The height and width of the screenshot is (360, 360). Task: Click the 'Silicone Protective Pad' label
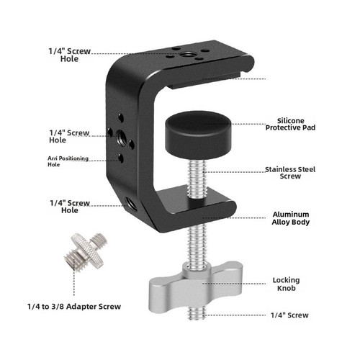pos(290,124)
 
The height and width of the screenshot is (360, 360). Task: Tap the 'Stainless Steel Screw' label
pos(290,173)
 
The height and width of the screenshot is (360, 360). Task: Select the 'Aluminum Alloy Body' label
pos(291,218)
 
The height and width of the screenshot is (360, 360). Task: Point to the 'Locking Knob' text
pos(286,284)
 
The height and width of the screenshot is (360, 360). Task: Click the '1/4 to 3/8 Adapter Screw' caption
pos(74,307)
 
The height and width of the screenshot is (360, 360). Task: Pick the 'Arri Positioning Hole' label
pos(68,161)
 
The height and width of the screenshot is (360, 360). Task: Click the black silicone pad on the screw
pos(198,135)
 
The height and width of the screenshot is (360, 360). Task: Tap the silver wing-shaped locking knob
pos(196,286)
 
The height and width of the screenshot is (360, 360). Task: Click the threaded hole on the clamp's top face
pos(185,55)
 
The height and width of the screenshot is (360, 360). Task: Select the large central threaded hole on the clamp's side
pos(122,138)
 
